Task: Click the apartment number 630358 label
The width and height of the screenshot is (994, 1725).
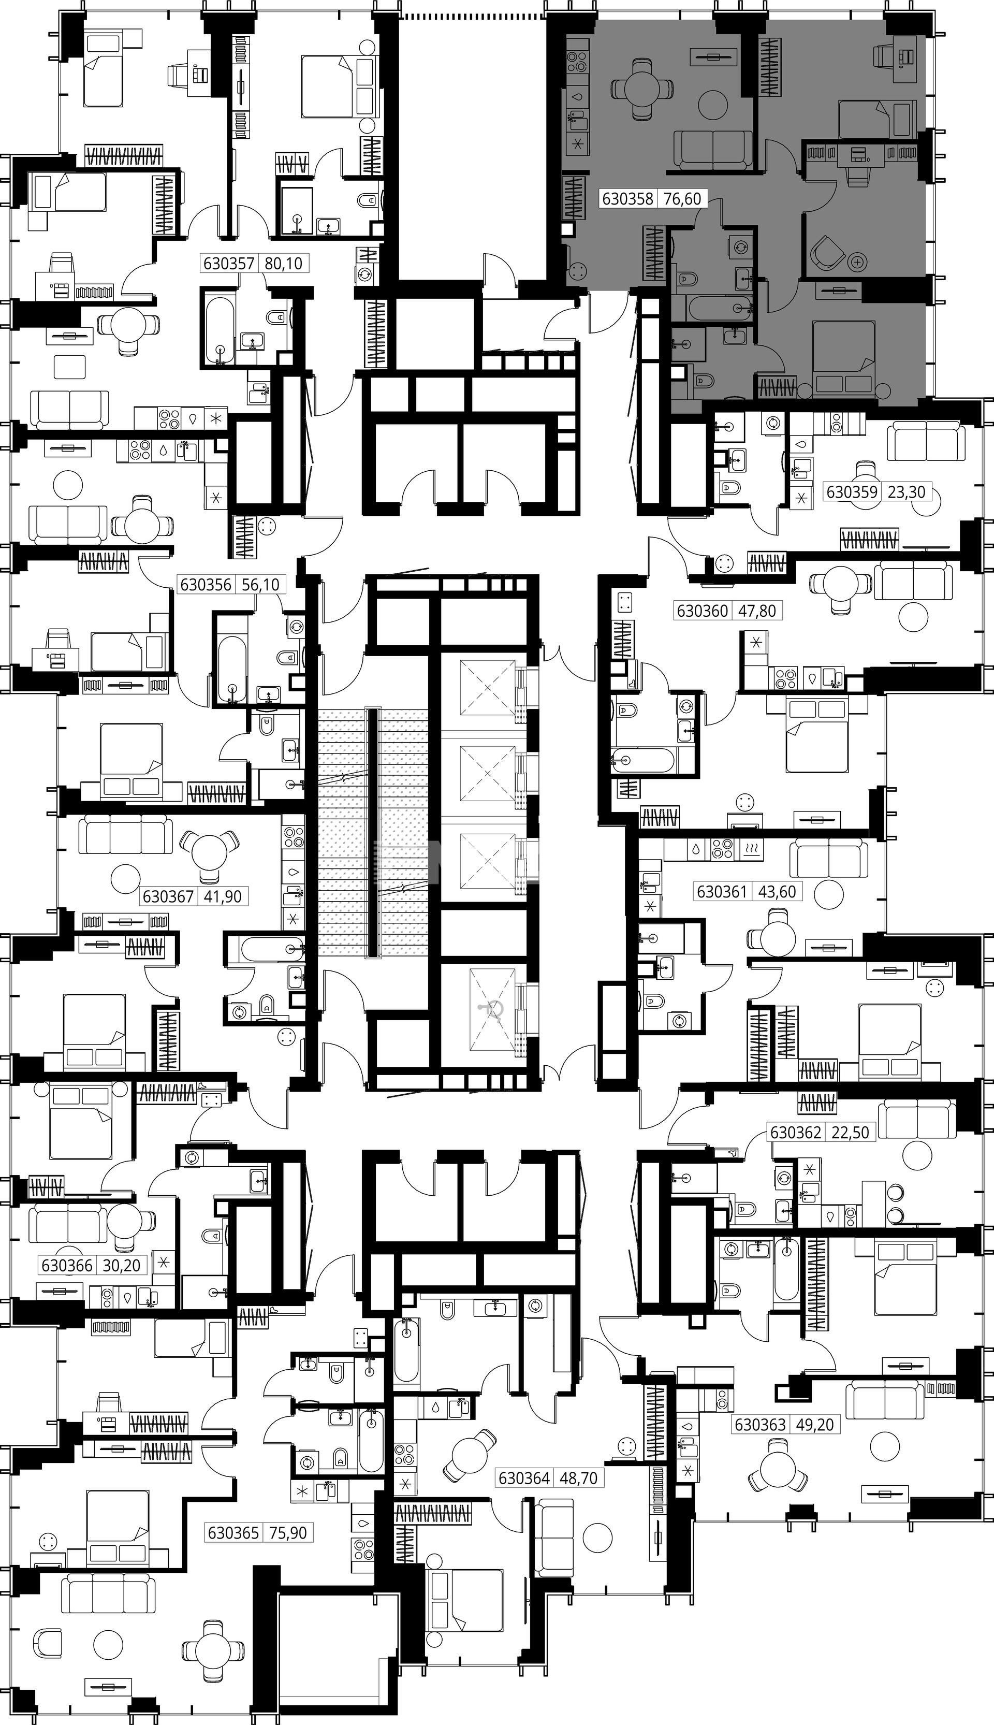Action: tap(627, 199)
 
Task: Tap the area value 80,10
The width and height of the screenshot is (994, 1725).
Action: tap(283, 263)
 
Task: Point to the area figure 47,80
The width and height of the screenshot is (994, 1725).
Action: tap(758, 611)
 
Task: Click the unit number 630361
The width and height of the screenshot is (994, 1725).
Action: tap(721, 891)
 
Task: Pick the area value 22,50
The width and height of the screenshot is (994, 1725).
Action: tap(851, 1132)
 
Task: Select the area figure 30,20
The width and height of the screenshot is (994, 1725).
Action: tap(122, 1266)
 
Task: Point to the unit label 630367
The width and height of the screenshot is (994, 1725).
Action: tap(168, 896)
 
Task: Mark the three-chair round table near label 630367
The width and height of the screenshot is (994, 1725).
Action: tap(209, 855)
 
